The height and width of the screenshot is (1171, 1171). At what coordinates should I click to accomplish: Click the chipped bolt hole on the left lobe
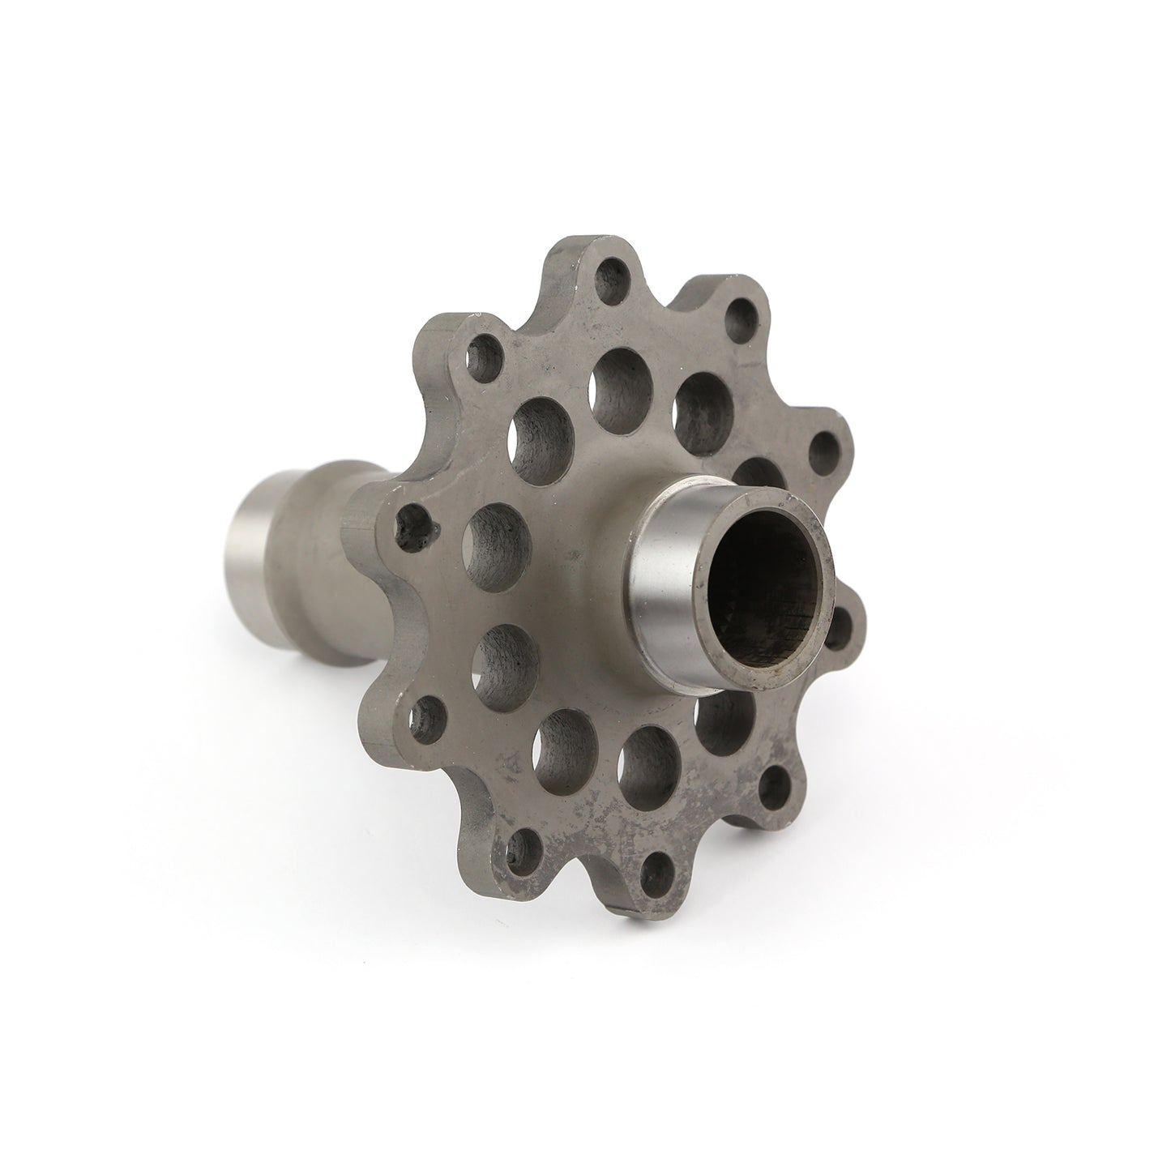[x=418, y=524]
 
